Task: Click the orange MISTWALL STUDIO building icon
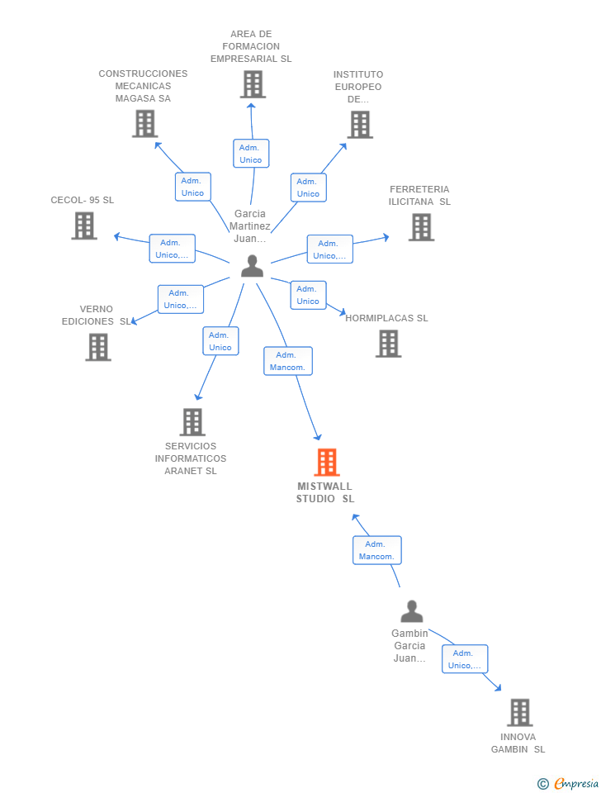[x=327, y=463]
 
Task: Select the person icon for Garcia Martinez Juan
[x=252, y=266]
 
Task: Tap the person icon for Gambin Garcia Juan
[x=411, y=611]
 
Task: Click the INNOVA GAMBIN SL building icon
[x=519, y=712]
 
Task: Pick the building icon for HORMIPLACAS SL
[x=388, y=344]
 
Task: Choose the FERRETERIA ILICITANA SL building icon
[x=421, y=227]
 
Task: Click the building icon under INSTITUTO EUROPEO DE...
[x=360, y=125]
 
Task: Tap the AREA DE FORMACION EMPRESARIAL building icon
[x=253, y=84]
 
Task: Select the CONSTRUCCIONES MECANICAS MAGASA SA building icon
[x=144, y=124]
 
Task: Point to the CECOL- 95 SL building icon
[x=84, y=226]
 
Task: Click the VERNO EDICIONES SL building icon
[x=98, y=347]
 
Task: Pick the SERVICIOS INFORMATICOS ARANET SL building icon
[x=192, y=422]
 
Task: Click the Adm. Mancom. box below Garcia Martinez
[x=288, y=361]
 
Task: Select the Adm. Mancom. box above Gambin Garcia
[x=376, y=550]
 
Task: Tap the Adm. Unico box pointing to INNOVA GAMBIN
[x=464, y=659]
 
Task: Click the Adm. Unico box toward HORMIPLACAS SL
[x=308, y=295]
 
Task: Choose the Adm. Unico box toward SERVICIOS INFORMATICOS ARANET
[x=220, y=341]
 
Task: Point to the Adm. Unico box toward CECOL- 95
[x=172, y=249]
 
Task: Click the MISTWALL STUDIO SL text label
[x=325, y=492]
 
